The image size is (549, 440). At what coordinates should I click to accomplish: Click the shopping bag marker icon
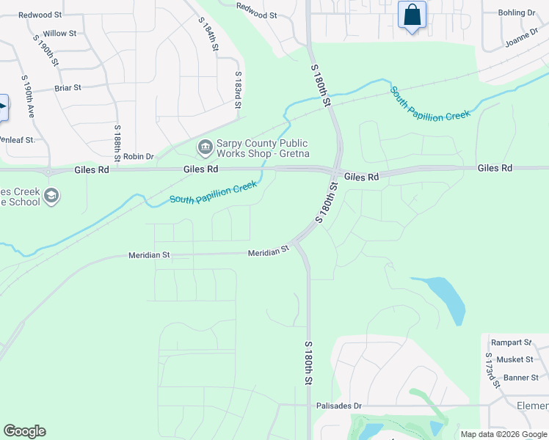tap(412, 15)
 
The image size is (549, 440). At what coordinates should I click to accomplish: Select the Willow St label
tap(59, 34)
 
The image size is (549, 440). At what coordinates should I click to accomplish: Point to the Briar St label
tap(68, 88)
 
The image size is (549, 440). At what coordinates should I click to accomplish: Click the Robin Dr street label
tap(139, 156)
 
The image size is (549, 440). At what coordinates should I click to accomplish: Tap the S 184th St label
tap(208, 34)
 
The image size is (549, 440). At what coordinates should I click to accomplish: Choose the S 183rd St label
tap(238, 90)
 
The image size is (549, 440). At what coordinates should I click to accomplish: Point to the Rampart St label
tap(511, 342)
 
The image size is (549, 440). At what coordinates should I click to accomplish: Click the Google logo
tap(24, 431)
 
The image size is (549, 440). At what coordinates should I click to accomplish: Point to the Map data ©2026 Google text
tap(503, 434)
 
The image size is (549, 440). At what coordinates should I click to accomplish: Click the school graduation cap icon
tap(51, 196)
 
